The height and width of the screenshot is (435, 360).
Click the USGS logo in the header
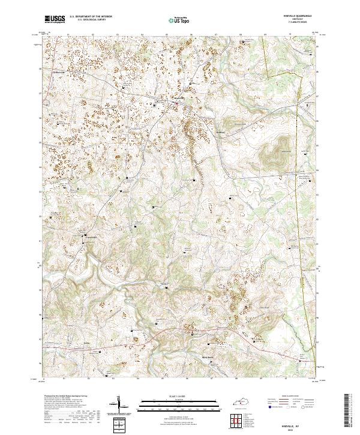55,19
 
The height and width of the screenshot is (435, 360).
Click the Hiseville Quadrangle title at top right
300,17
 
